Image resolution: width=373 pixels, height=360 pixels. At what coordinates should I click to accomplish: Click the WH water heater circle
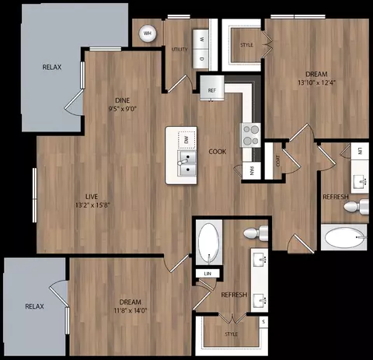point(148,33)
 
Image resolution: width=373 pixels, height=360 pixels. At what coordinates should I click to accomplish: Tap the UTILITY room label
point(180,49)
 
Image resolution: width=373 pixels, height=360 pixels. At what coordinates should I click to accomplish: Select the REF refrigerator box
point(211,90)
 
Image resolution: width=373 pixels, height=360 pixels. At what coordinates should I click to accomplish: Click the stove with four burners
point(250,135)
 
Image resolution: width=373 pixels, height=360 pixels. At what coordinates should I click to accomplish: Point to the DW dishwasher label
point(186,140)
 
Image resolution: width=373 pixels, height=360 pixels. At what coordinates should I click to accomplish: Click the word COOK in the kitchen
point(218,152)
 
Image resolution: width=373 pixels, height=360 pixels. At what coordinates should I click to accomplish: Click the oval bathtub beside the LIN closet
point(208,243)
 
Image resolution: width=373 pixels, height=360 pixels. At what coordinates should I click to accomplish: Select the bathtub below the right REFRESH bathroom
point(345,236)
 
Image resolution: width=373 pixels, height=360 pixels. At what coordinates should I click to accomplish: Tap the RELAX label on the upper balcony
point(51,68)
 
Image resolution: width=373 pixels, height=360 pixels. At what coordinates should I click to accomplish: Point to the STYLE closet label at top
point(247,45)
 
